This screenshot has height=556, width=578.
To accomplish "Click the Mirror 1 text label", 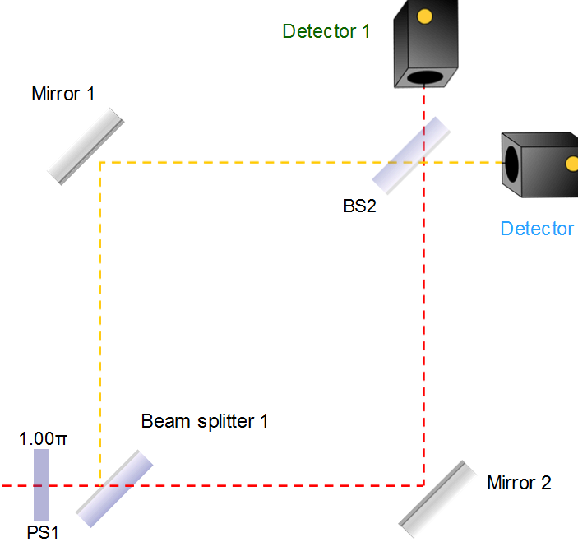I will point(63,93).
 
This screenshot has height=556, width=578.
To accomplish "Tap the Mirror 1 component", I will point(86,147).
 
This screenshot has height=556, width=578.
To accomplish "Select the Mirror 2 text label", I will point(519,483).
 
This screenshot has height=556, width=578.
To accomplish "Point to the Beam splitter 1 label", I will point(205,422).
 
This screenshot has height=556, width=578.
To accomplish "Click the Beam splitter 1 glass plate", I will point(115,488).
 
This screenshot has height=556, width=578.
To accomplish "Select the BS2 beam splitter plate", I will point(412,152).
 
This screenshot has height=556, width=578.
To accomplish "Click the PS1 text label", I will point(43,533).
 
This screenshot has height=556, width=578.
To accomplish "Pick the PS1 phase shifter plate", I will point(41,485).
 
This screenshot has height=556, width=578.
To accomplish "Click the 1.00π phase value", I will point(43,438).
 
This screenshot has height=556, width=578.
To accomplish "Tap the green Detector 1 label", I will point(326,32).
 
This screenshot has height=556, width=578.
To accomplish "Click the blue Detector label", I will point(537,229).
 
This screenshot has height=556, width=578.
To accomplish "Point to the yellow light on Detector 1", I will point(424,16).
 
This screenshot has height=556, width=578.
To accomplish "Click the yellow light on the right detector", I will point(571,163).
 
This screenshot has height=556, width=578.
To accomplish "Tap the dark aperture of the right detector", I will point(512,163).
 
